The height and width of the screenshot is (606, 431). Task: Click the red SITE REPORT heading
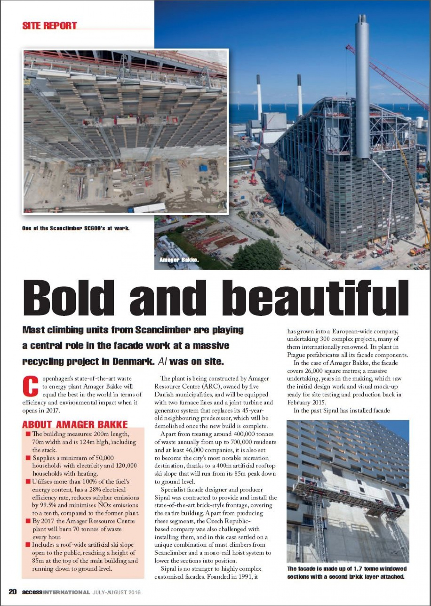49,26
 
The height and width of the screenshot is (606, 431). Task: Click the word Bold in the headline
69,297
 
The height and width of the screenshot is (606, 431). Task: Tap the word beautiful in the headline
315,297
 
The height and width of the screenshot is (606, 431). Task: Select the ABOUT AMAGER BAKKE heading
75,424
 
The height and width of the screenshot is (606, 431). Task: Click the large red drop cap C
30,386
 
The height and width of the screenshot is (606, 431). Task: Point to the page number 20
12,592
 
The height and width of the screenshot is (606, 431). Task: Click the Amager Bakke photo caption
179,260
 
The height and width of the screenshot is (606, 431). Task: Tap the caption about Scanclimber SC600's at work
76,228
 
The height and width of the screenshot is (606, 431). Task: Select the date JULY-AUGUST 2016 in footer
117,592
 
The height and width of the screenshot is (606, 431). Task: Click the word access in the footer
32,592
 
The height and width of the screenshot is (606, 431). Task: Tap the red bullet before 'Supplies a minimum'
28,458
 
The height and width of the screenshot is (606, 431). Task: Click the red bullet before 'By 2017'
28,521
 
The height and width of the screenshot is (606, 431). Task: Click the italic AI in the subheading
162,362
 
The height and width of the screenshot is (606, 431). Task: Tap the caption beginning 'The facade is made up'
346,573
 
